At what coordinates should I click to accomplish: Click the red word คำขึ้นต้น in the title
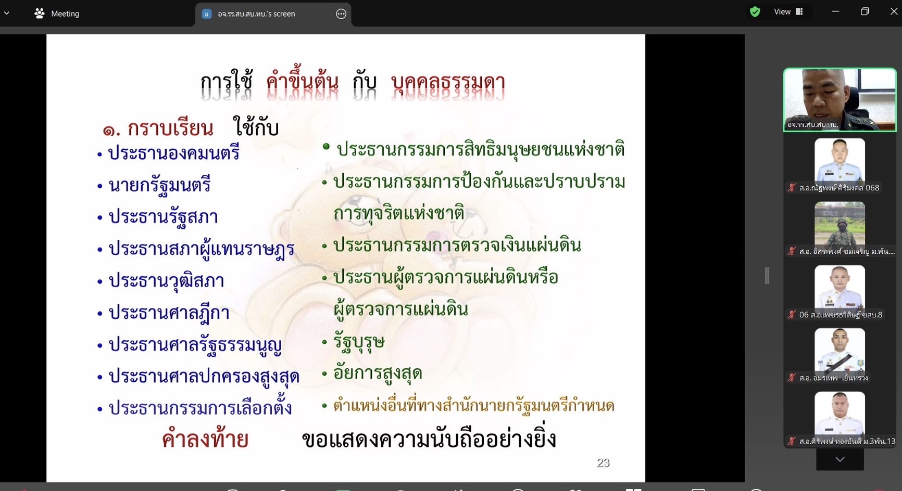pos(302,82)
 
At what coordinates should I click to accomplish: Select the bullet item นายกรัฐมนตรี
pos(159,185)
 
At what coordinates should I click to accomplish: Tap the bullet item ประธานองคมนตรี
pos(173,153)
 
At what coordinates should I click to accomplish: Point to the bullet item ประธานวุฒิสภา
pos(166,281)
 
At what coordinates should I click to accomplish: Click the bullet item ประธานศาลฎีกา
pos(169,313)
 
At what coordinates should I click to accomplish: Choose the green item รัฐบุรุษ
pos(359,342)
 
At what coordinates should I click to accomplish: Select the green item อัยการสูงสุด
pos(377,373)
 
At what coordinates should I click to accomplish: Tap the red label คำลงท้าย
pos(205,438)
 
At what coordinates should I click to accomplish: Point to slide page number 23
pos(603,462)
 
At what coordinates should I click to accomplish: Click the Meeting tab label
pos(65,14)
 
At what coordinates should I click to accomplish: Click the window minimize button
pos(835,11)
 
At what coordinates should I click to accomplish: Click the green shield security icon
pos(755,11)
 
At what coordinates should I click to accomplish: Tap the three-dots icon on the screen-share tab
pos(341,14)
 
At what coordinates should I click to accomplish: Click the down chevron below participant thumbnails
pos(840,459)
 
